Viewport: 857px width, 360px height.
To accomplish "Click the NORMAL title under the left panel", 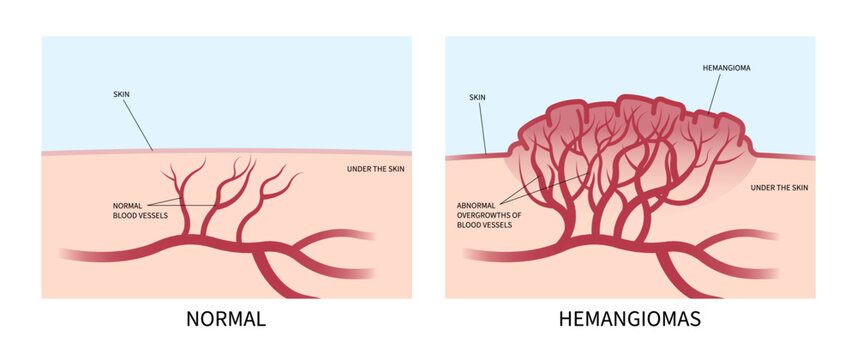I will coord(226,320).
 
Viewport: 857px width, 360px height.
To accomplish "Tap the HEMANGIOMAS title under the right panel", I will coord(629,320).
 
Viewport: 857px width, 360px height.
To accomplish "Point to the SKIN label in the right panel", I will coord(476,99).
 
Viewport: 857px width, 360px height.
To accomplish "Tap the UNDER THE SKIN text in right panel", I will coord(779,187).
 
